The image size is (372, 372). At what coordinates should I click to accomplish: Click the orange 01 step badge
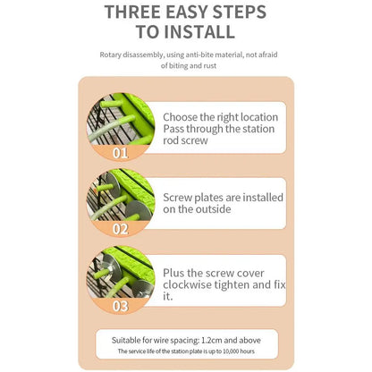[121, 151]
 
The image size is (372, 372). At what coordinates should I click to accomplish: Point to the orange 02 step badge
[121, 228]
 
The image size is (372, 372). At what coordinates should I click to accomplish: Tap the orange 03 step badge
[121, 305]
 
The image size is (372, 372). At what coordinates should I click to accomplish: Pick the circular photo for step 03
[119, 276]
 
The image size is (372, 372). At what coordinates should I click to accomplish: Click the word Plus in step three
[175, 272]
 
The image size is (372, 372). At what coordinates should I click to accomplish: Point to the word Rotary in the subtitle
[112, 55]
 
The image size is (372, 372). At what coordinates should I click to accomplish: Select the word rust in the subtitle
[205, 66]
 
